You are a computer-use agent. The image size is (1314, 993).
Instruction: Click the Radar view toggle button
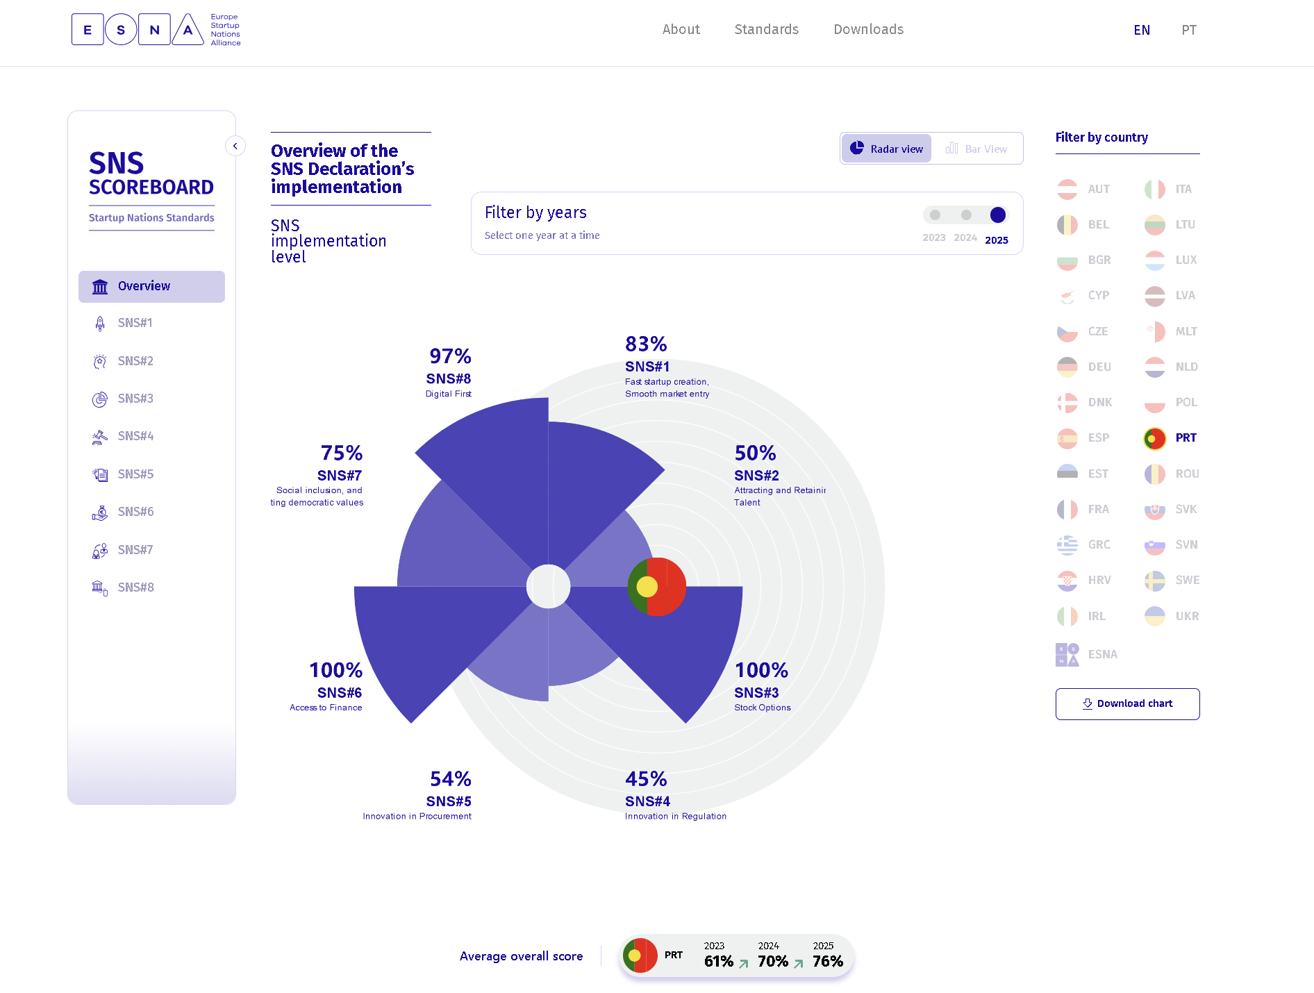click(x=887, y=149)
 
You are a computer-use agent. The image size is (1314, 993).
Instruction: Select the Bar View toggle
click(x=976, y=149)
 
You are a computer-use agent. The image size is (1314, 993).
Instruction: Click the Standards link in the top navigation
click(x=766, y=29)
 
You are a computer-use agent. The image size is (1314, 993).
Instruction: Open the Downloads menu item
click(x=868, y=29)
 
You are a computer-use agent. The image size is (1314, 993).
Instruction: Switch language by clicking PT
click(x=1188, y=30)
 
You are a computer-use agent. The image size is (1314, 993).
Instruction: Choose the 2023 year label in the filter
click(x=933, y=237)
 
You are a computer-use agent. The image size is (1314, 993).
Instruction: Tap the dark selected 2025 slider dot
click(x=997, y=215)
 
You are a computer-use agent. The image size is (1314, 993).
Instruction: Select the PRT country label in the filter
click(x=1186, y=437)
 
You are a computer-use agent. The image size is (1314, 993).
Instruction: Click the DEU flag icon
click(x=1067, y=367)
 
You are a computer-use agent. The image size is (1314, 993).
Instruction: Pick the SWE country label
click(x=1187, y=580)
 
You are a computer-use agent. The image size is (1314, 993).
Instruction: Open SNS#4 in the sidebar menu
click(x=135, y=436)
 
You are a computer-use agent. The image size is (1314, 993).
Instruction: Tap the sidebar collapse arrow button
click(x=235, y=146)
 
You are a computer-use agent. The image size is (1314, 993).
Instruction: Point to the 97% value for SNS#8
click(x=450, y=356)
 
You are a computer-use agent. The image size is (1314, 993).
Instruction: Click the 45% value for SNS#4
click(x=646, y=779)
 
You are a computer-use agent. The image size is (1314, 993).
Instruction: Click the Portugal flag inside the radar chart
click(x=656, y=587)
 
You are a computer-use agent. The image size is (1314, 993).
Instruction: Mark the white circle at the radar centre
click(x=548, y=587)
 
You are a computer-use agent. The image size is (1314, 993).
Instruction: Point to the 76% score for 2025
click(x=827, y=961)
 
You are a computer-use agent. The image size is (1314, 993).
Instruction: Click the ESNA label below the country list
click(x=1102, y=654)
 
